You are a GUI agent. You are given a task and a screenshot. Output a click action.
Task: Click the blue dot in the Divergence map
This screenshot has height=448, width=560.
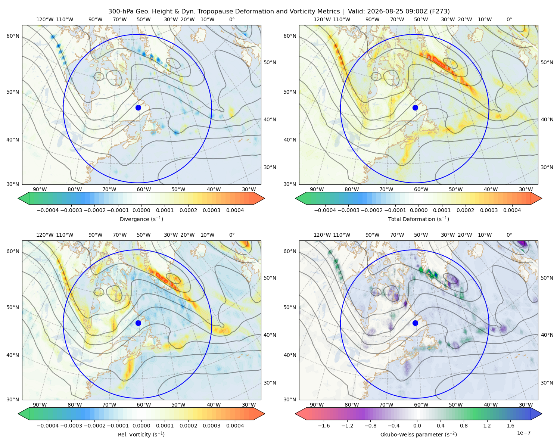138,108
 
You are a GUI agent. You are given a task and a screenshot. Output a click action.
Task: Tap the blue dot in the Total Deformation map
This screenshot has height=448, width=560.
415,108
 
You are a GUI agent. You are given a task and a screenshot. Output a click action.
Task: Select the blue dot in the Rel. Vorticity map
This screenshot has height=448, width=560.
138,323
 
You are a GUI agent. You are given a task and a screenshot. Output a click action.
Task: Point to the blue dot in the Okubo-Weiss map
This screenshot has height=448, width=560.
415,323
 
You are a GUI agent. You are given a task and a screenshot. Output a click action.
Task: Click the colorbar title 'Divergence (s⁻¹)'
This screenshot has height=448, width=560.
141,219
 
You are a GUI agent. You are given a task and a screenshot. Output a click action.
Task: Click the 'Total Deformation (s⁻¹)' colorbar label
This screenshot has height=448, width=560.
419,219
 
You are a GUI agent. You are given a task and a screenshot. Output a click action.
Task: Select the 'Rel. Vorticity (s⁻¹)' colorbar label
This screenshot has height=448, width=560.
141,434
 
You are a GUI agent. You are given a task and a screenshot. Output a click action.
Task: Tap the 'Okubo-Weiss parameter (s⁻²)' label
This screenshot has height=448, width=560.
419,434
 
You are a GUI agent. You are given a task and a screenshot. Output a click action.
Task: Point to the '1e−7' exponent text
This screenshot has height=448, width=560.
523,433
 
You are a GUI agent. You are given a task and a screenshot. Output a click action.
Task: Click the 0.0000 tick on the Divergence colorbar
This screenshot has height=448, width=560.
141,210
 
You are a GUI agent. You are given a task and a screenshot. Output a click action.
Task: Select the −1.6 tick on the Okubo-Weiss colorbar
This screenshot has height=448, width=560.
324,425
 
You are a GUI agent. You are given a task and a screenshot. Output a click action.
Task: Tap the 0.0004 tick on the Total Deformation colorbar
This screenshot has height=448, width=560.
512,210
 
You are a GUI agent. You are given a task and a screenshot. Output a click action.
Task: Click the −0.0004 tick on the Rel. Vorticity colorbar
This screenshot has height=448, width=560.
48,425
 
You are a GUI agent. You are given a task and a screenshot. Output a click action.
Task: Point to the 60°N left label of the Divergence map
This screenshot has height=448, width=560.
13,36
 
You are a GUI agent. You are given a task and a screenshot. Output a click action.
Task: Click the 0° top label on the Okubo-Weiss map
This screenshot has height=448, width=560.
509,235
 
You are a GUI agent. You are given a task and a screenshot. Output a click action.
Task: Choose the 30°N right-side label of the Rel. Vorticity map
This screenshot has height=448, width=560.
270,383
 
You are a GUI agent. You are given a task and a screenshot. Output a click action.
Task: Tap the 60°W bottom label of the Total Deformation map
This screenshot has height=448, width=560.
421,189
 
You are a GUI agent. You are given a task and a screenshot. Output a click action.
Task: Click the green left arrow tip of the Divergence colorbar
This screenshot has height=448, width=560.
18,198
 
